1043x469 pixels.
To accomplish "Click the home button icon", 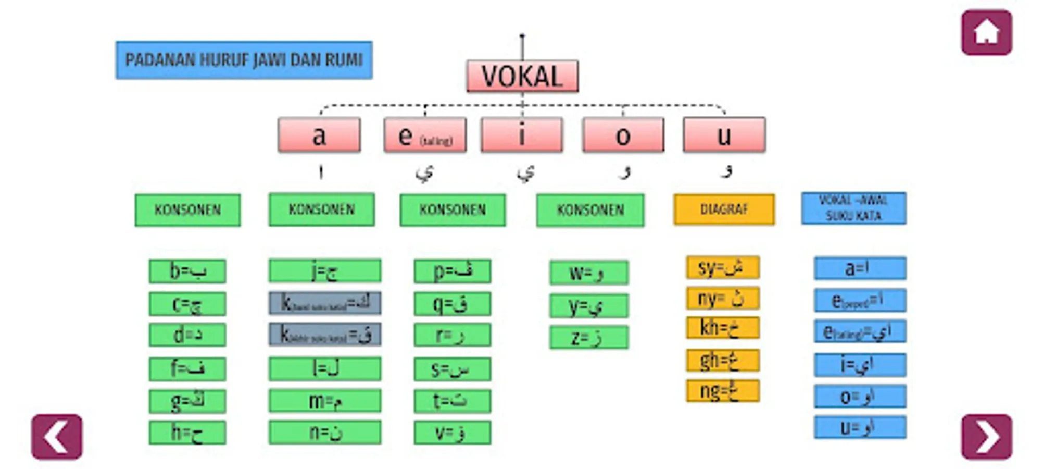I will coord(986,33).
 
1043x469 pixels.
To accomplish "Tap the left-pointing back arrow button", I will coord(57,437).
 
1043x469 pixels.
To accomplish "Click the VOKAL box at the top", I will coord(522,77).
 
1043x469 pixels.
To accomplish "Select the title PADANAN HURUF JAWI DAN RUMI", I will coord(244,60).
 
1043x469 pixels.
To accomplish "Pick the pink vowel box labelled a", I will coord(319,135).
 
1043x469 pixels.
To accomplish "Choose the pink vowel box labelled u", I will coord(724,135).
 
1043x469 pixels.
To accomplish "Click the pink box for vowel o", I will coord(623,135).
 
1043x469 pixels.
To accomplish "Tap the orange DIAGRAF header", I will coord(724,209).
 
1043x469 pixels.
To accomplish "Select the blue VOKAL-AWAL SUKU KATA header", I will coord(853,208).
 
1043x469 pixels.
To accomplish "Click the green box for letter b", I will coord(187,271).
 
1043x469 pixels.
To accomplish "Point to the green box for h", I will coord(187,433).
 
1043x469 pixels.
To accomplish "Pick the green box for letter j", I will coord(325,271).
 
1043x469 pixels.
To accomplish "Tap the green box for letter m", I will coord(325,401).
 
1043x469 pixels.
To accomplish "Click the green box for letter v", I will coord(452,433).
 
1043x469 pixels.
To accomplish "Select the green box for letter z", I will coord(588,338).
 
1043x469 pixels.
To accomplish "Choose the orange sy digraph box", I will coord(722,268).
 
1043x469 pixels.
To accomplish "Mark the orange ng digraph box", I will coord(722,391).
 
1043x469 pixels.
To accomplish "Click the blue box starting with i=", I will coord(860,365).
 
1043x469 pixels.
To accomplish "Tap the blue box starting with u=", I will coord(860,427).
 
